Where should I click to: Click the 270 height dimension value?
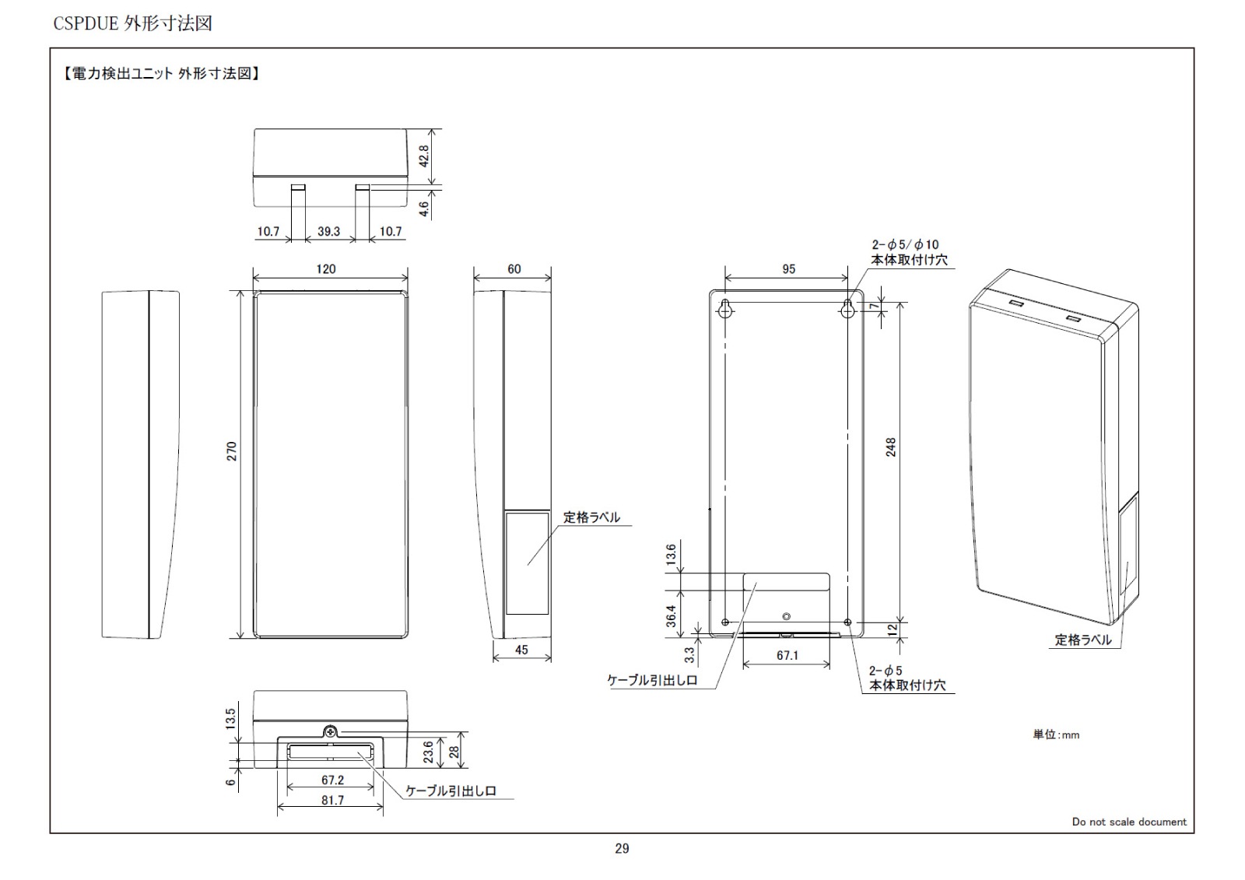click(x=232, y=451)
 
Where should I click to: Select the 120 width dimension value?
click(x=326, y=269)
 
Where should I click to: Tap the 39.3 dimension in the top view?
click(x=328, y=231)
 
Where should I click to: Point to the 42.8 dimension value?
click(x=423, y=156)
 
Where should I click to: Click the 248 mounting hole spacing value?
click(x=891, y=447)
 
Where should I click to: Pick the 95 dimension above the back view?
click(x=789, y=269)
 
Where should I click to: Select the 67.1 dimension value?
click(x=787, y=655)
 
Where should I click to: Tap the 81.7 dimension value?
click(x=332, y=800)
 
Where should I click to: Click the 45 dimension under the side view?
click(x=521, y=649)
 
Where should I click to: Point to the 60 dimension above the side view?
click(x=514, y=269)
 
